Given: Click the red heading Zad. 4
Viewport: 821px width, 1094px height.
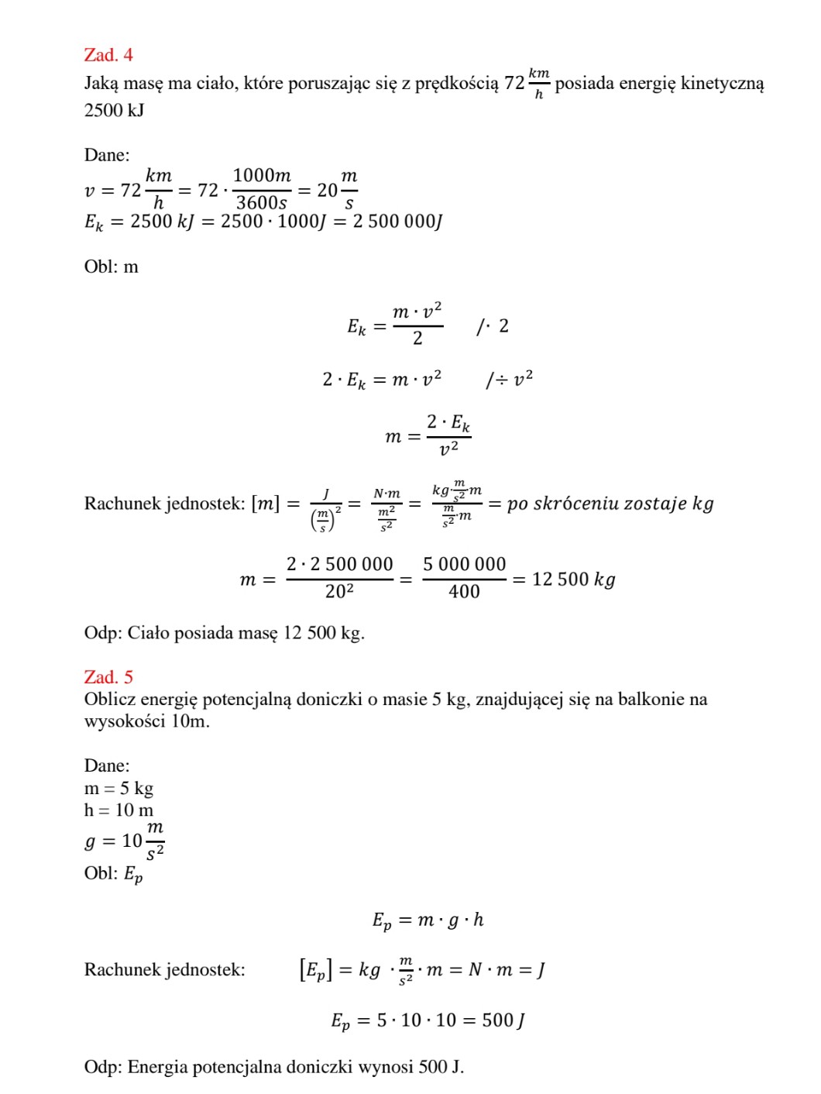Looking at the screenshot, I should pos(108,55).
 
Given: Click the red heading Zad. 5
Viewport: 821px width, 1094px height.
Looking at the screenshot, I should pos(108,677).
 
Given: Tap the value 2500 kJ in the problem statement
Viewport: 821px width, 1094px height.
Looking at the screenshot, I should pos(114,111).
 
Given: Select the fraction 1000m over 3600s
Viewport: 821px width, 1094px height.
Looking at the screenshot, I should pos(262,190).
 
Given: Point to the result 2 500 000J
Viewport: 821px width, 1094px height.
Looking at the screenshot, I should pos(397,222).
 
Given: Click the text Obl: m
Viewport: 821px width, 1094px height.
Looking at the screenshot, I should pos(112,267).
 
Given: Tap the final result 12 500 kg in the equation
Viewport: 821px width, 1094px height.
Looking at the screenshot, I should pos(573,580).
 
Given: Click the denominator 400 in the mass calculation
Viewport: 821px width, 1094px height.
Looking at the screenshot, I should pos(464,592).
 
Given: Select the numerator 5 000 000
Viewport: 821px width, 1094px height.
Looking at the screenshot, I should pos(464,565).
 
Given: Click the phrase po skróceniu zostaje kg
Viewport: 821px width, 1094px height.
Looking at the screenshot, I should pos(610,504).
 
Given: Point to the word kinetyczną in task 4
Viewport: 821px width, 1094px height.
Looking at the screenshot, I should pos(722,84).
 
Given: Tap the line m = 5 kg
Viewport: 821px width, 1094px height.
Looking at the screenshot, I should pos(119,789).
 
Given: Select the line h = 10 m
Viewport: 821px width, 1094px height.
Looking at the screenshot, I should pos(119,810).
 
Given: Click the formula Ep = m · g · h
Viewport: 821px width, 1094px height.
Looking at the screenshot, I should pos(428,920).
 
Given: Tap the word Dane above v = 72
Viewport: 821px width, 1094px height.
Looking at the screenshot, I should pos(107,155).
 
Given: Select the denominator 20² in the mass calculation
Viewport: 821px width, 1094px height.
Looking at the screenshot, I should pos(339,592).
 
